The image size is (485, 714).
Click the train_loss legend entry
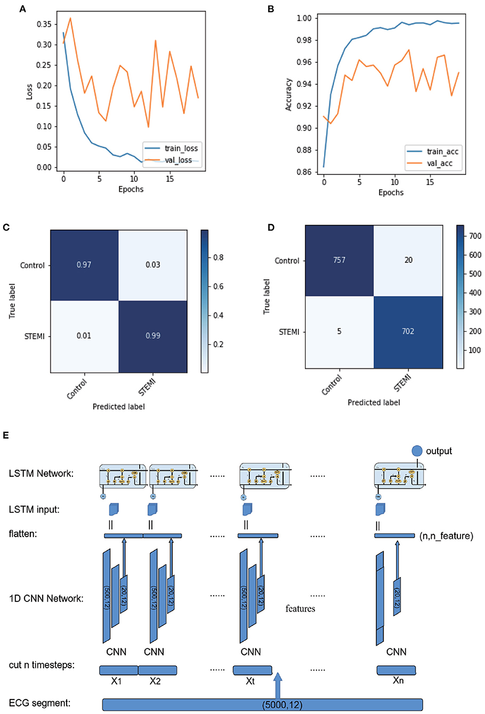[171, 148]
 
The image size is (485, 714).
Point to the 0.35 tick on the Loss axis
[44, 24]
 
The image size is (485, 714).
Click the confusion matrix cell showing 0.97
[84, 265]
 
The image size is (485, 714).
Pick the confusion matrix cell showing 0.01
[84, 336]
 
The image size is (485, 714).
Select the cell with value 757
[339, 260]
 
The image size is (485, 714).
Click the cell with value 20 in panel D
[408, 260]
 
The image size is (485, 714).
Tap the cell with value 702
[408, 332]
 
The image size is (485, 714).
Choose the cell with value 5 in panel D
[339, 332]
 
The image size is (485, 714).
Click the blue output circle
[417, 451]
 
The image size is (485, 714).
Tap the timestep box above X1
[118, 670]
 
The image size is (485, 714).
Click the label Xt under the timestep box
[250, 681]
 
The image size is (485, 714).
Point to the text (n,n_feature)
[446, 536]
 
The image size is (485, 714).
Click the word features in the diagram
[300, 608]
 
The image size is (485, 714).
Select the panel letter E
[6, 436]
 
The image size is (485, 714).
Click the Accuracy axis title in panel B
[288, 95]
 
